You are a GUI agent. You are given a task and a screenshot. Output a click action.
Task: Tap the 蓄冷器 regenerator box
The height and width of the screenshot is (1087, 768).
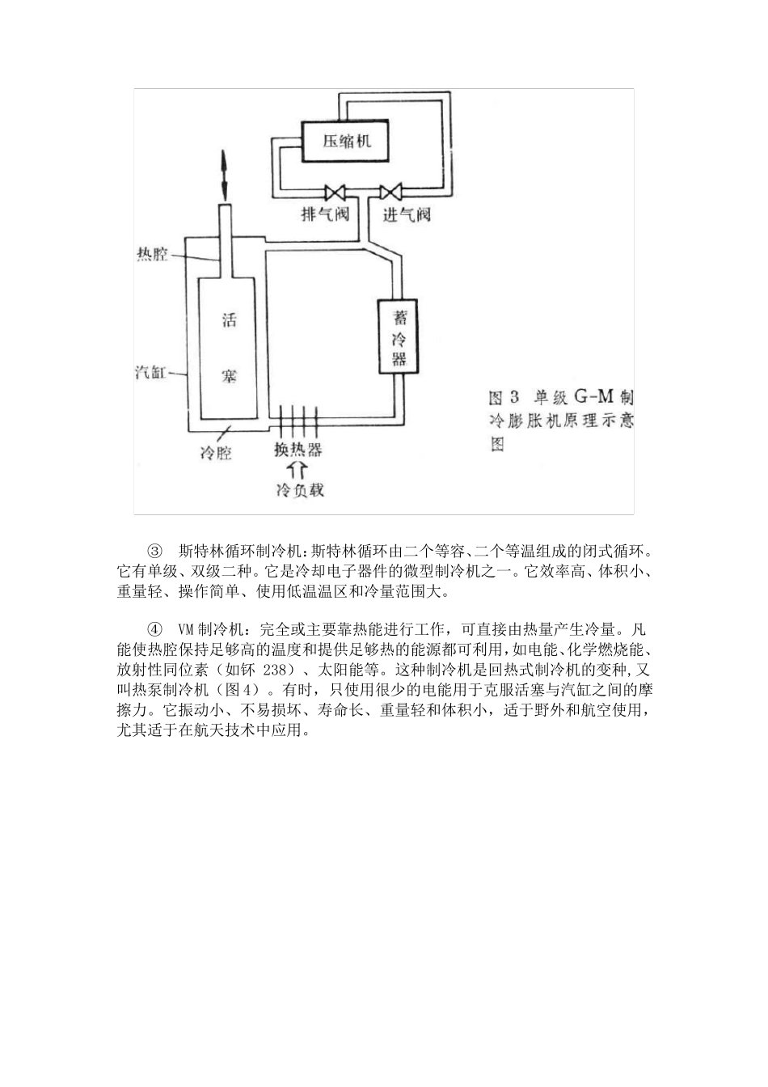399,336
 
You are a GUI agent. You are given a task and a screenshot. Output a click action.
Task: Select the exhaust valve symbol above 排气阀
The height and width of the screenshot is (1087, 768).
334,193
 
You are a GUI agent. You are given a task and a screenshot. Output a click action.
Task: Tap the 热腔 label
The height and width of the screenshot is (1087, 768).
151,255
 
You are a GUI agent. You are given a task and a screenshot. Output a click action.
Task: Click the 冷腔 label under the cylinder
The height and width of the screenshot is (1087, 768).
217,453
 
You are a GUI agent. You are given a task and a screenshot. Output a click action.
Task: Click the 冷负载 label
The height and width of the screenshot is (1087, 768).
299,489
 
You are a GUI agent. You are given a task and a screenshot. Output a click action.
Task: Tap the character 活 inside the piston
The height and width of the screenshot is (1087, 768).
229,320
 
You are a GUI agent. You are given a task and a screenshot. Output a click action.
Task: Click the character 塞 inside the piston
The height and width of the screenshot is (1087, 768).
229,377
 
